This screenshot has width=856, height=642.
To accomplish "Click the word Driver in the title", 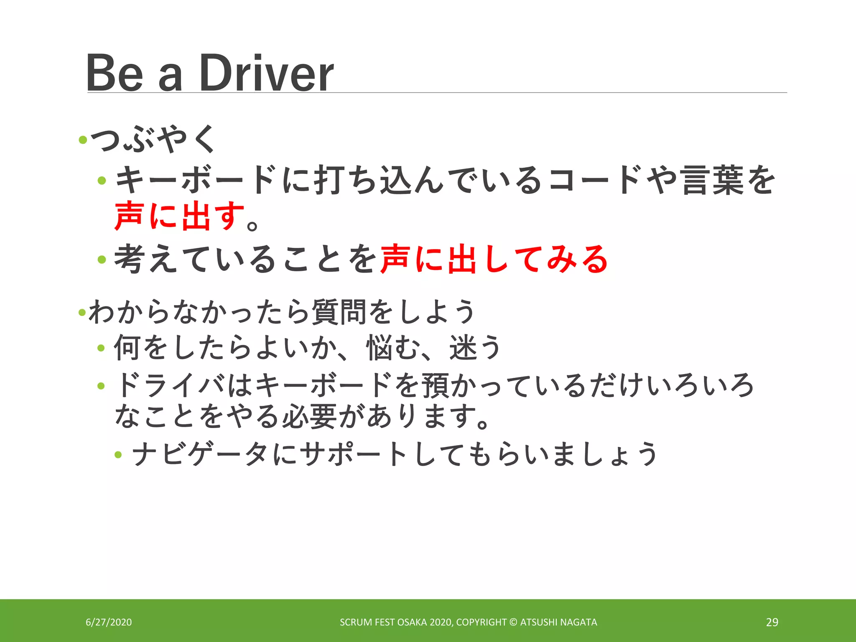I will (x=266, y=74).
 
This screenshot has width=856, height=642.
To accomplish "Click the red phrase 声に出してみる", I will (x=494, y=259).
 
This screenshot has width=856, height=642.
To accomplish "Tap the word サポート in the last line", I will (x=355, y=454).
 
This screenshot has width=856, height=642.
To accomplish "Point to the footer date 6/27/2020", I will (x=109, y=622).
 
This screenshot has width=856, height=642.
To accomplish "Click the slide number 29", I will (x=772, y=622).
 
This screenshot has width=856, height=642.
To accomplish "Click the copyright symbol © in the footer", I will (x=513, y=622).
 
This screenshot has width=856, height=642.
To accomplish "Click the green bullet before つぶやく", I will (x=83, y=140).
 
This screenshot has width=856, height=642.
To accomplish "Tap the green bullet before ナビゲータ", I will (x=118, y=455).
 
